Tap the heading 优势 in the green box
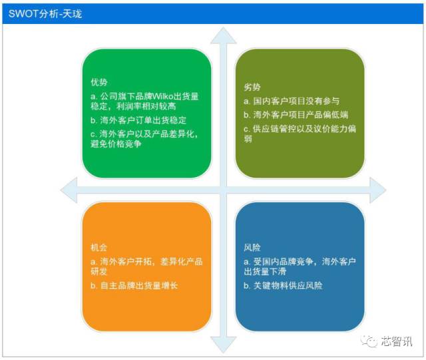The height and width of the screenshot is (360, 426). click(99, 83)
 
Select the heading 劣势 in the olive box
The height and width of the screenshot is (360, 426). click(252, 88)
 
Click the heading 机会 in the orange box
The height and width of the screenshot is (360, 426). click(99, 247)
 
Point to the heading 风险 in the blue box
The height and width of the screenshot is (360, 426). click(252, 247)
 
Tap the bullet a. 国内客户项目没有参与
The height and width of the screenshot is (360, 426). click(292, 101)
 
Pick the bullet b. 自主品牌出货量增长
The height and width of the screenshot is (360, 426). click(134, 285)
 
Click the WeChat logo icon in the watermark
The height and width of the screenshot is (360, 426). click(368, 341)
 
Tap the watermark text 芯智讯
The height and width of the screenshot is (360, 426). click(396, 341)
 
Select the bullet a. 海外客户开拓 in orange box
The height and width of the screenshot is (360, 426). click(146, 266)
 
